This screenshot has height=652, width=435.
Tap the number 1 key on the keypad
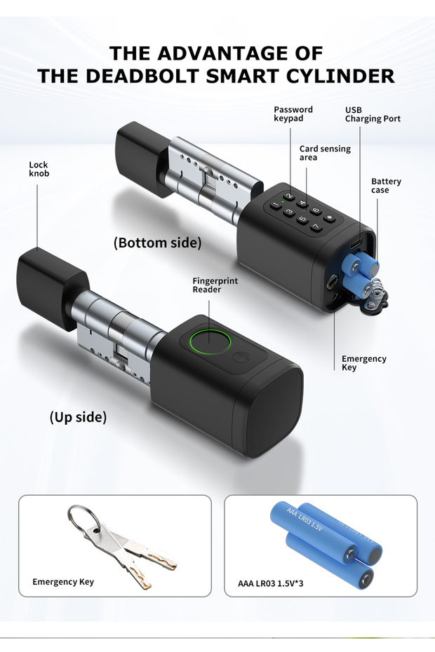point(275,205)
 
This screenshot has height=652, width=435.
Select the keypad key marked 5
point(302,219)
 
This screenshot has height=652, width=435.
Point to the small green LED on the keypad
point(283,202)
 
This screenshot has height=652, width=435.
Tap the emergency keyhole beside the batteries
point(332,282)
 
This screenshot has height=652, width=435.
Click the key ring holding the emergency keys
point(83,519)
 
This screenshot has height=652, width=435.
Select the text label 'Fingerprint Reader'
point(215,285)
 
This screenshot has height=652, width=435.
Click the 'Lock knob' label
point(39,169)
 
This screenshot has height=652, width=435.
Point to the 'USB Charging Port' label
point(373,114)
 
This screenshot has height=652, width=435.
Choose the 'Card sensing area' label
point(325,153)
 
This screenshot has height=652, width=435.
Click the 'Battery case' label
point(387,186)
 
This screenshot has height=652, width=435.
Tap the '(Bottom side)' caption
point(157,243)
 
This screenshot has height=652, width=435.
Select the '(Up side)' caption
point(79,417)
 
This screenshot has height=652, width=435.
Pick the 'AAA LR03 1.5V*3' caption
point(271,583)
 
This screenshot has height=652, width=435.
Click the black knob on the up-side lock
point(52,287)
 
